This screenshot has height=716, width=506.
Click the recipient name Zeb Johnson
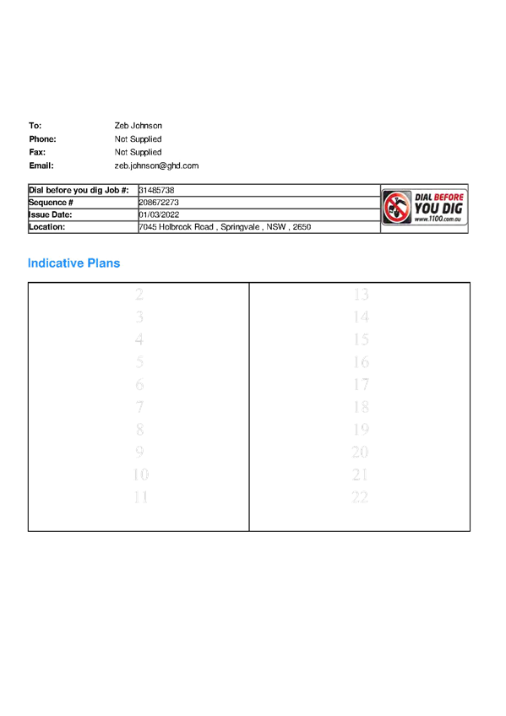pyautogui.click(x=138, y=126)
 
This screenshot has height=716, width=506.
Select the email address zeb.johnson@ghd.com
pyautogui.click(x=156, y=165)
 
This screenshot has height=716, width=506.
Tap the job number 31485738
pyautogui.click(x=156, y=191)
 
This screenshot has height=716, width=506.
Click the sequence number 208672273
pyautogui.click(x=159, y=203)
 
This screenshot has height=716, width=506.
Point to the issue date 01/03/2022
pyautogui.click(x=159, y=215)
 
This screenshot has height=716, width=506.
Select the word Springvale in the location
pyautogui.click(x=240, y=227)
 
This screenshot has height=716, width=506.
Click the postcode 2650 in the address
pyautogui.click(x=302, y=227)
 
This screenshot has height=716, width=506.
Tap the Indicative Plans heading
pyautogui.click(x=74, y=263)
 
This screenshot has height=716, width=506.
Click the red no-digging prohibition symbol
pyautogui.click(x=397, y=208)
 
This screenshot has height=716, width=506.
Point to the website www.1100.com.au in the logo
pyautogui.click(x=438, y=220)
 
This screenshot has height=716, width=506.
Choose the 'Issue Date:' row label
pyautogui.click(x=50, y=215)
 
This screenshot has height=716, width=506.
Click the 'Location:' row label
pyautogui.click(x=46, y=227)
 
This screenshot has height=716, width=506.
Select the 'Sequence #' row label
pyautogui.click(x=51, y=203)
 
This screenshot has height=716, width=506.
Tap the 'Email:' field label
pyautogui.click(x=41, y=165)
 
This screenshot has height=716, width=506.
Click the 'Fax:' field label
pyautogui.click(x=37, y=152)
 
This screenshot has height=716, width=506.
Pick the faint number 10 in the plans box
pyautogui.click(x=141, y=475)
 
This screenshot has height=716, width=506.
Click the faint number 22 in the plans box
pyautogui.click(x=360, y=497)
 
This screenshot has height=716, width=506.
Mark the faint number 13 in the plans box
pyautogui.click(x=361, y=295)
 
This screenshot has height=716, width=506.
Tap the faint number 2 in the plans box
pyautogui.click(x=139, y=295)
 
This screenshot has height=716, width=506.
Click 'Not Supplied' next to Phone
pyautogui.click(x=138, y=139)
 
